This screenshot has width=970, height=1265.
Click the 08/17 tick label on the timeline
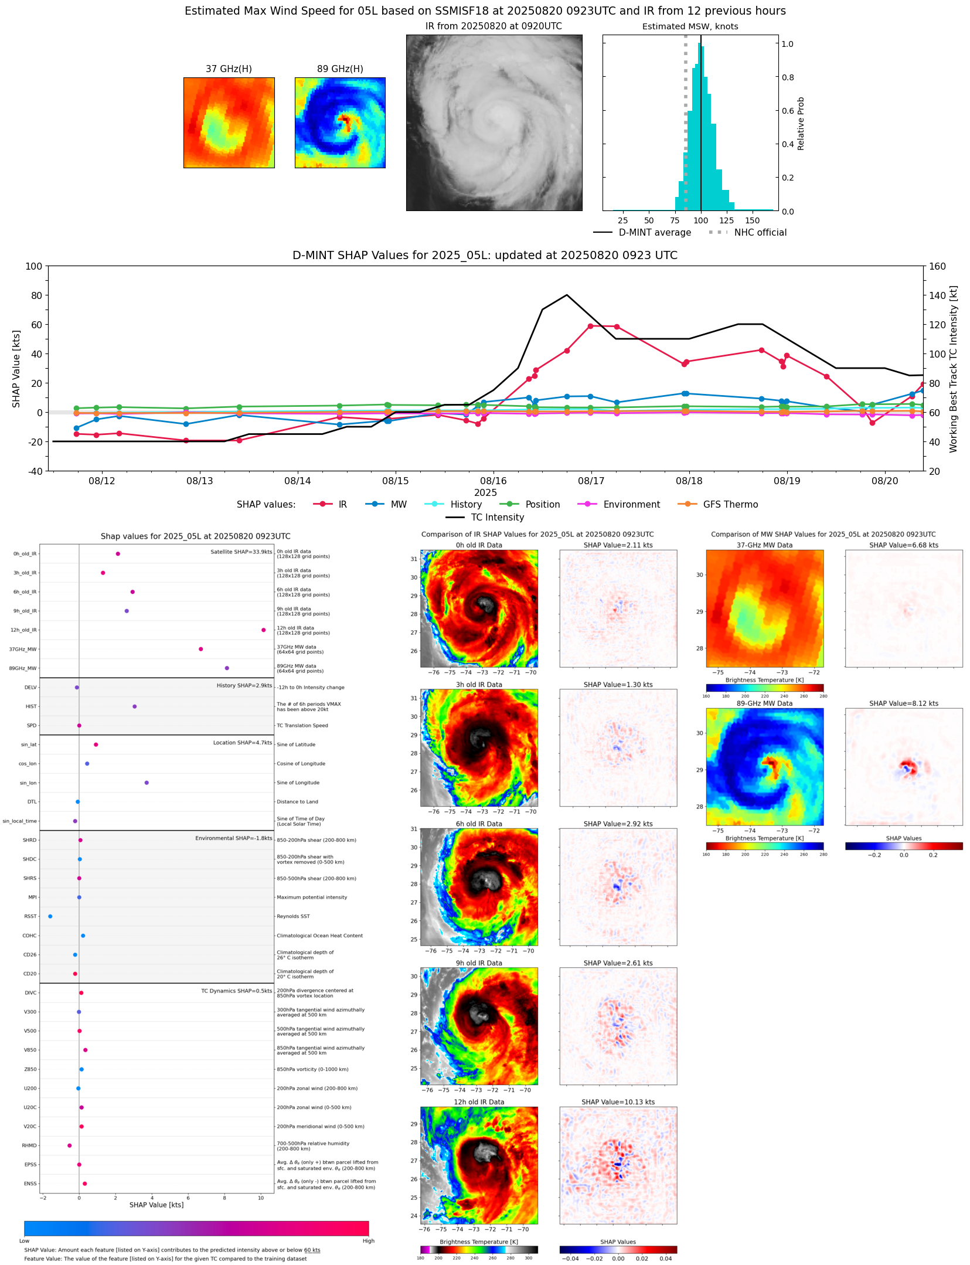point(591,481)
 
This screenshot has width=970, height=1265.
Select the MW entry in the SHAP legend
point(398,504)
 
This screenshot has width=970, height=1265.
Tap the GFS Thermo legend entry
point(730,504)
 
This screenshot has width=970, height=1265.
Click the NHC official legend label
point(760,232)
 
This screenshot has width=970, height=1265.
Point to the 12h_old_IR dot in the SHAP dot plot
point(263,630)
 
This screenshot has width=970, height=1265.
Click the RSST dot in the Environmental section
point(50,916)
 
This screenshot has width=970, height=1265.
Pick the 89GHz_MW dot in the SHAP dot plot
point(227,668)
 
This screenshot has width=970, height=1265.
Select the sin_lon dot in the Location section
point(147,783)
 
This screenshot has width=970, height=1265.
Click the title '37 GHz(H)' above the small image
point(229,69)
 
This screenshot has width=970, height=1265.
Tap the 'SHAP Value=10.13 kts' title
point(617,1102)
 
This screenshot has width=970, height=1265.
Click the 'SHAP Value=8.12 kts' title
point(903,703)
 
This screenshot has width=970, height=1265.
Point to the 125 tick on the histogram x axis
point(726,220)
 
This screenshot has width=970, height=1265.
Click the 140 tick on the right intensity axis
point(937,295)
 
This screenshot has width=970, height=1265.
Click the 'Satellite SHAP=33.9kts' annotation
point(241,552)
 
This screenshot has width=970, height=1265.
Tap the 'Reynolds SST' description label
point(293,916)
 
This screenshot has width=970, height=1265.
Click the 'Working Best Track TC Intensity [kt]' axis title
point(954,369)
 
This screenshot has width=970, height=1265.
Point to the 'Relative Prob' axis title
point(801,124)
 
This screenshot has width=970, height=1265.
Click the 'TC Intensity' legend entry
point(497,517)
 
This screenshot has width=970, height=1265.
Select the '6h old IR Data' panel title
point(479,824)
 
